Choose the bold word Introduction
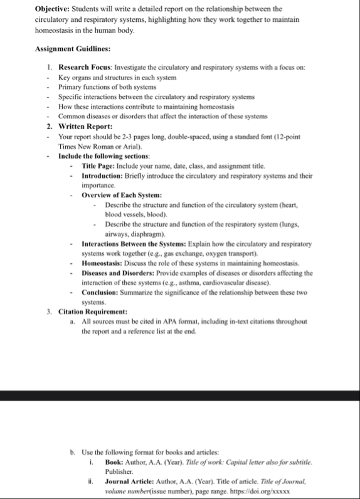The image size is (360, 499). click(x=107, y=176)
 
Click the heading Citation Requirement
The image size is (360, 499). click(x=93, y=312)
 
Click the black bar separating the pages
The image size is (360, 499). click(x=180, y=395)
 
